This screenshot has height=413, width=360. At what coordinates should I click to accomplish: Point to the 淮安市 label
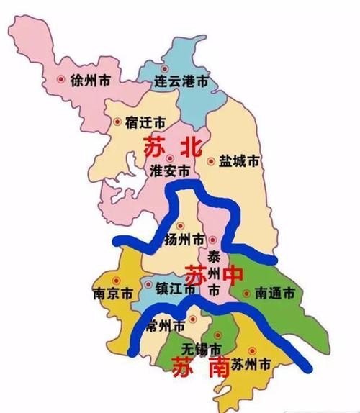[x=170, y=172]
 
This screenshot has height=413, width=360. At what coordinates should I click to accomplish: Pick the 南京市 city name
[x=112, y=294]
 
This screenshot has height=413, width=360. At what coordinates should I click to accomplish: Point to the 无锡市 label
[x=199, y=348]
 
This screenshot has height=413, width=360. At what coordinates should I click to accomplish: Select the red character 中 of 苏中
[x=230, y=276]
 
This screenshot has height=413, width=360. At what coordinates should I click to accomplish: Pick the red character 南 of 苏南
[x=217, y=367]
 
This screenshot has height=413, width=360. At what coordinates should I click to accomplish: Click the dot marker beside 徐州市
[x=60, y=79]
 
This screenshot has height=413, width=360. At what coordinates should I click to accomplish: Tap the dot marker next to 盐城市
[x=211, y=161]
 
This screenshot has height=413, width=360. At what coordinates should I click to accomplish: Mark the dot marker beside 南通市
[x=247, y=293]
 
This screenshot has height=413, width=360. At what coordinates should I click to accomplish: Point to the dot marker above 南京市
[x=113, y=281]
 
